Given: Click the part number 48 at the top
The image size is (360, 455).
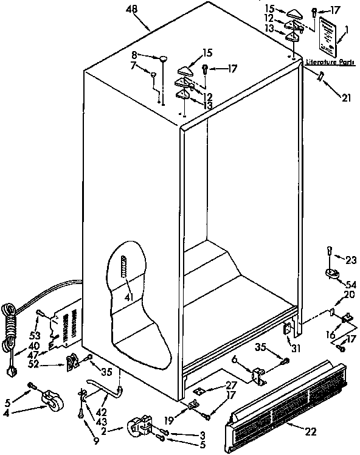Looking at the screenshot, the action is pos(131,9).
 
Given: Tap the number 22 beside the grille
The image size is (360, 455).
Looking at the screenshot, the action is pos(311,432).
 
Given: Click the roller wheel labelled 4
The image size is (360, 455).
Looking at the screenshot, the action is pos(53,399).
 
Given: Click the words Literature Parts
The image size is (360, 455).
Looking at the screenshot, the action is pos(330,62).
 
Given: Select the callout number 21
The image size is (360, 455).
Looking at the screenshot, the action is pos(346,98).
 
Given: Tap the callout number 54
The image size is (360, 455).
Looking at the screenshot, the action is pos(351,285).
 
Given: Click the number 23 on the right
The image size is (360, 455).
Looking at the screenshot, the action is pos(351,260).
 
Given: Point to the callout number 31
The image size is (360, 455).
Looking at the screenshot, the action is pos(296,348).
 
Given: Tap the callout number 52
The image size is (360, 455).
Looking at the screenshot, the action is pos(34,364).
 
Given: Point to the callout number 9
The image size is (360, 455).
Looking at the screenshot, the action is pos(96,441).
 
